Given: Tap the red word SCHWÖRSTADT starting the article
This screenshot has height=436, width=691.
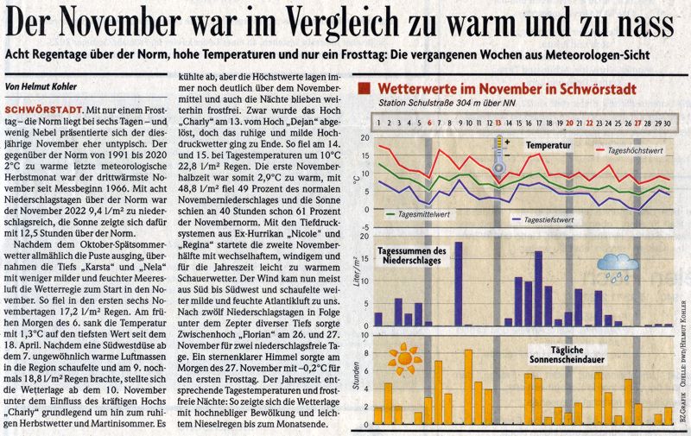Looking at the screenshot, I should coord(44,112).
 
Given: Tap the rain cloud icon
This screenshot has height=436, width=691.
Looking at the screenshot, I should coord(618,266).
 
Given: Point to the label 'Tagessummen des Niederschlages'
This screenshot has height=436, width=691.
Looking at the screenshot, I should coord(413,256).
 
